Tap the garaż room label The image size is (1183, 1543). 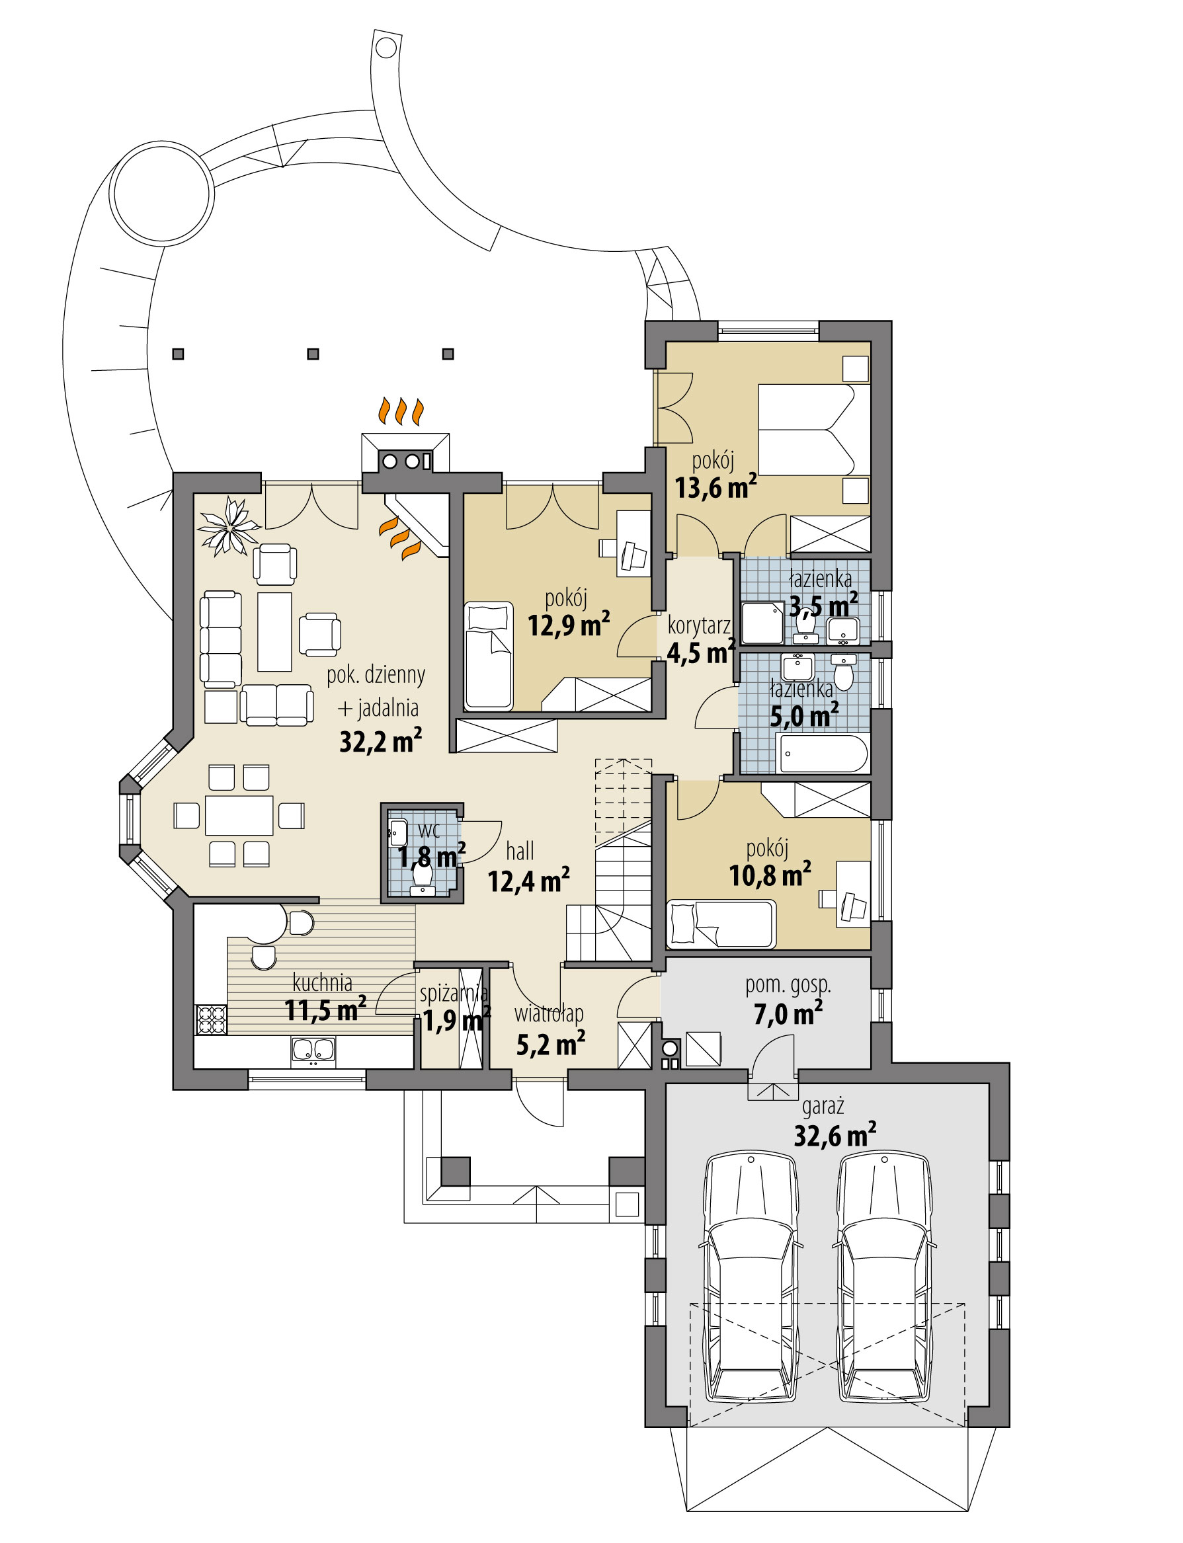point(823,1107)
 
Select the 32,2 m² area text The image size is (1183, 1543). point(380,741)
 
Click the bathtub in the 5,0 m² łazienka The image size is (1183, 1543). point(823,754)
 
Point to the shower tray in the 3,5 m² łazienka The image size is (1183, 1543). point(762,622)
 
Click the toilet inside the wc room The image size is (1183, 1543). point(423,875)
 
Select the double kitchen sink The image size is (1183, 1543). point(313,1050)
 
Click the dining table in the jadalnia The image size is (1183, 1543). point(239,815)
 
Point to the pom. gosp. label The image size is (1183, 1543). point(788,985)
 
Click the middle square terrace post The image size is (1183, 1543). point(313,354)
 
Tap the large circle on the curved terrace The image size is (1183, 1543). point(161,193)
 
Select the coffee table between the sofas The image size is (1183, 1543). point(274,631)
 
